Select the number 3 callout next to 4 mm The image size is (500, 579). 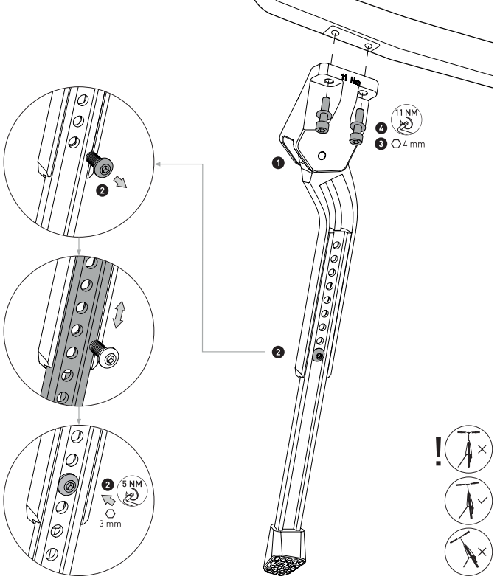(x=381, y=143)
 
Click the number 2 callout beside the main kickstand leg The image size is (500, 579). (x=277, y=353)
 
